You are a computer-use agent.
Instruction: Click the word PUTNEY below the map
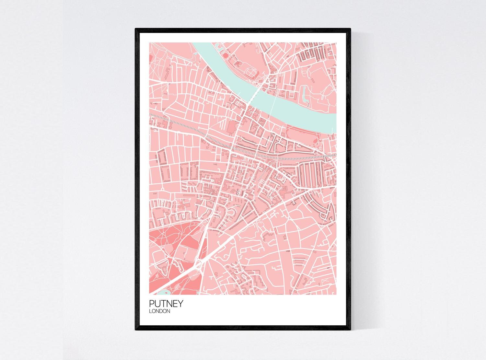pyautogui.click(x=166, y=304)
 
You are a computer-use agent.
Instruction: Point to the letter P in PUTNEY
pyautogui.click(x=152, y=304)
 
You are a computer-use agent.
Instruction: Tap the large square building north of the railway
pyautogui.click(x=231, y=128)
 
